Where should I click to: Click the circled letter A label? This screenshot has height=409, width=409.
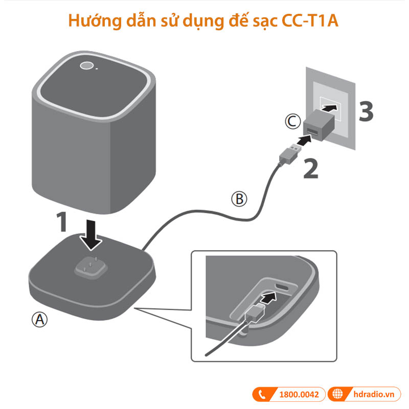(x=40, y=320)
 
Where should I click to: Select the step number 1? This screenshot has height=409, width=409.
(x=62, y=222)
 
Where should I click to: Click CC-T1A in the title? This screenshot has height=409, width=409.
(x=310, y=22)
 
